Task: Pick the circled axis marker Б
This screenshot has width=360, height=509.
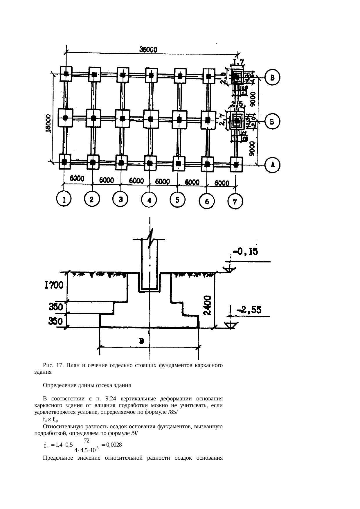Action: tap(273, 122)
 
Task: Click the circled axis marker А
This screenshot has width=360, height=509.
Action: tap(273, 165)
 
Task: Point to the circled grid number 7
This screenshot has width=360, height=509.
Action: tap(235, 202)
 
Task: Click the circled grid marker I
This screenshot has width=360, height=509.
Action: tap(64, 199)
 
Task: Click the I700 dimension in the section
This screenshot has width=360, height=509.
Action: tap(54, 286)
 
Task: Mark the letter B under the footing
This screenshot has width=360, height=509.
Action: tap(142, 341)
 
